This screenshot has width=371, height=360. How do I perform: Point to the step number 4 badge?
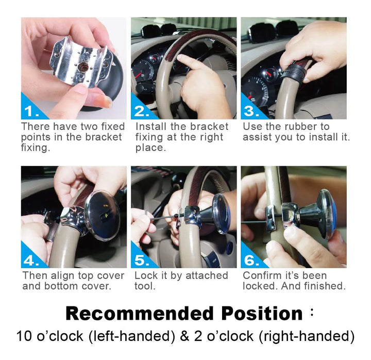click(x=31, y=259)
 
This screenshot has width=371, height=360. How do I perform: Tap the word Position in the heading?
click(x=262, y=314)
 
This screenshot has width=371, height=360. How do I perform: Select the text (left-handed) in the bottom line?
click(x=132, y=336)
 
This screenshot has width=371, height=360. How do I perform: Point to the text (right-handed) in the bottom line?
click(x=307, y=336)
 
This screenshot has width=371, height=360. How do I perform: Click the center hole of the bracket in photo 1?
click(x=82, y=67)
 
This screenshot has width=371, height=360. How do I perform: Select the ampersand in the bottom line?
click(x=185, y=336)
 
